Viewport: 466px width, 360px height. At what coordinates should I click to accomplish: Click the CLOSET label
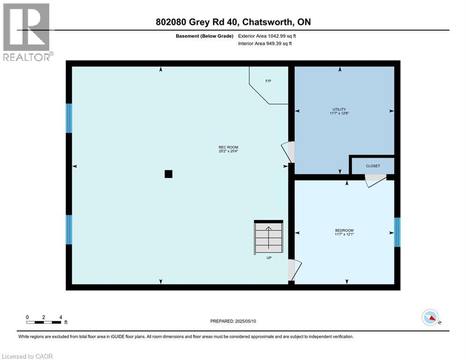(x=373, y=166)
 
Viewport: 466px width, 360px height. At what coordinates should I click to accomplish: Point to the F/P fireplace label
(x=268, y=81)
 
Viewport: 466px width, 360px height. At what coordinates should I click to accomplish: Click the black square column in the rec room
(x=169, y=174)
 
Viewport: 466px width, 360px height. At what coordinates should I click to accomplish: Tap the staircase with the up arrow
(x=269, y=237)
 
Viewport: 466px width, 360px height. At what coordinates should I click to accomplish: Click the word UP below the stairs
(x=269, y=258)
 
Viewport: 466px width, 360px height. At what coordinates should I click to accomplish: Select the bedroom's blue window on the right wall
(x=397, y=232)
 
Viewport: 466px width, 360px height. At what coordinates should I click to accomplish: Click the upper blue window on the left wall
(x=69, y=118)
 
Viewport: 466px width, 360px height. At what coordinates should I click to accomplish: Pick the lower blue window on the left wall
(x=69, y=230)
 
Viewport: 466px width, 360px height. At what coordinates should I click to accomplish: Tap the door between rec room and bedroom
(x=294, y=270)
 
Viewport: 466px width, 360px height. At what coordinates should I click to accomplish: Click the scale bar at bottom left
(x=44, y=322)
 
